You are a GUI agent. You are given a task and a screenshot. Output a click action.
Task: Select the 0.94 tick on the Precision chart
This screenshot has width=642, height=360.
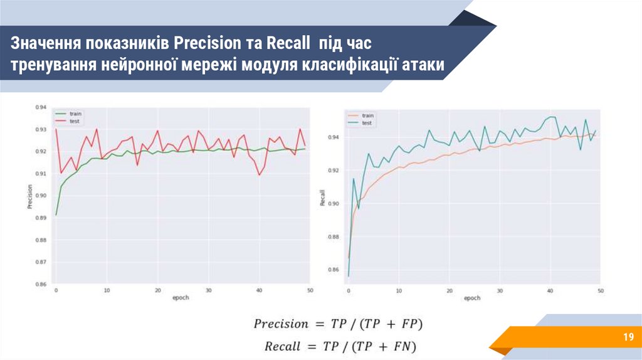(x=41, y=107)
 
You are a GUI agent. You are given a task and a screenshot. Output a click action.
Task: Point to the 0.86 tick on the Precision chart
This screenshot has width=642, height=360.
(x=41, y=284)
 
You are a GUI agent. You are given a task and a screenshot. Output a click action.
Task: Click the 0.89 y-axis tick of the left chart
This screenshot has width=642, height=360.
(x=41, y=218)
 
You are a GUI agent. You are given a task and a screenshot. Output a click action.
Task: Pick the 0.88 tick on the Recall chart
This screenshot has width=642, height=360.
(x=334, y=236)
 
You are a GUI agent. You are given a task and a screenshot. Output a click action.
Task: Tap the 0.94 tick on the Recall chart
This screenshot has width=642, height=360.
(x=334, y=137)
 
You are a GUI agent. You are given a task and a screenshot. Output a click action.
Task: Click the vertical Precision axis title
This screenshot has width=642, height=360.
(x=29, y=196)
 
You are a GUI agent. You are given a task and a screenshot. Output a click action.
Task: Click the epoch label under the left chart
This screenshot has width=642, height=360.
(x=181, y=297)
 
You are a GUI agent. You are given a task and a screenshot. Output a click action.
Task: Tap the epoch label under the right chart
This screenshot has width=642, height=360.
(x=472, y=299)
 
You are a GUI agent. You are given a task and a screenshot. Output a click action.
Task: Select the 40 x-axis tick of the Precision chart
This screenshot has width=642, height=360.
(x=259, y=290)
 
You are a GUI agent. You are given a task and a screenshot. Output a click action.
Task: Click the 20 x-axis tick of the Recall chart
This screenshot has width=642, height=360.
(x=449, y=291)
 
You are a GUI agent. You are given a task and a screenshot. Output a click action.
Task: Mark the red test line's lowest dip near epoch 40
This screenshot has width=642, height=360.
(x=260, y=174)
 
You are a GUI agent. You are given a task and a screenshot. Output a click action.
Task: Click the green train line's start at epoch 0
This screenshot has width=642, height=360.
(x=56, y=215)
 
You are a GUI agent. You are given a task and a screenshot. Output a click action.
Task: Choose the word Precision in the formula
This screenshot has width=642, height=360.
(x=281, y=324)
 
